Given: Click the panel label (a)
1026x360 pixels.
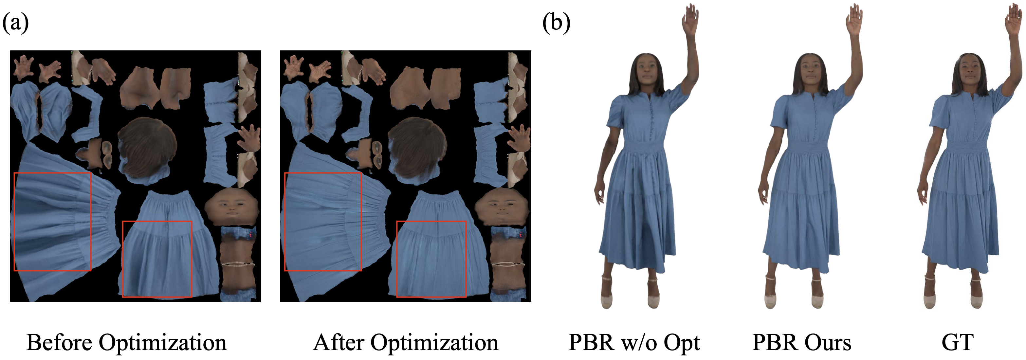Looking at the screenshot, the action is point(15,23).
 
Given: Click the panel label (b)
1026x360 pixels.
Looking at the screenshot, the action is point(557,23).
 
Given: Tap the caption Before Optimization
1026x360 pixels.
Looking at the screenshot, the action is point(127,342).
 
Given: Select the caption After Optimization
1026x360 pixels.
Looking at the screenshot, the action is point(406,342).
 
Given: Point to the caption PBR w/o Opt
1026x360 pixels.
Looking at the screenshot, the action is point(634,342).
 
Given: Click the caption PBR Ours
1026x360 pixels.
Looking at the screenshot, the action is point(802,342).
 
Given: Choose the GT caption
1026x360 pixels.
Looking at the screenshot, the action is point(958,342).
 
